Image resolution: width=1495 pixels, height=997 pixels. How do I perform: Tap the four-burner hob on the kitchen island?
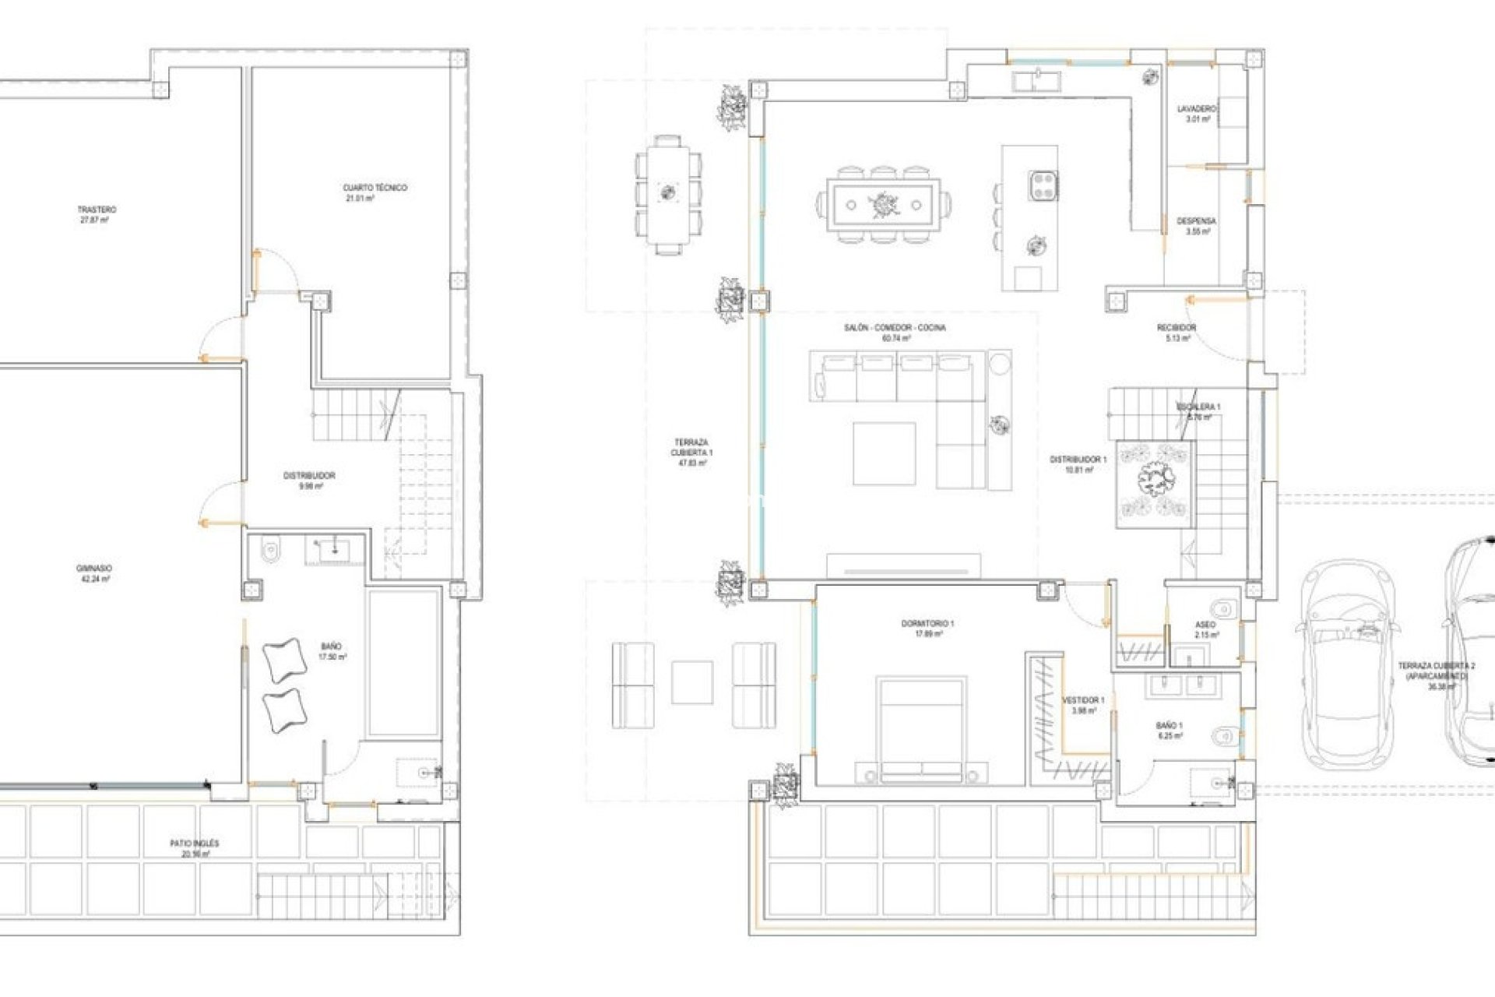click(x=1043, y=185)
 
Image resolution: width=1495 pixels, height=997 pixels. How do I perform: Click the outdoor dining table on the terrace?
click(x=668, y=194)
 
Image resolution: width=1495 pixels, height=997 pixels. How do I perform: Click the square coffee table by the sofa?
click(x=884, y=453)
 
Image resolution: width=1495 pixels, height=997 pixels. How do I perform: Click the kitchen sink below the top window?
click(x=1036, y=78)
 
